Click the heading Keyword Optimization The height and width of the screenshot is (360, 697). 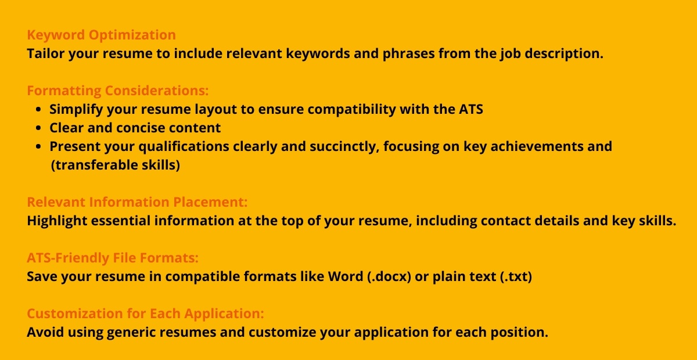(x=102, y=35)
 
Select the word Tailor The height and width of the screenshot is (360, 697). (x=46, y=53)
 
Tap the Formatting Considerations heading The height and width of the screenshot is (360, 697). (x=117, y=91)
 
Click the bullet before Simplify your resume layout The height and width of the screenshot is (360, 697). (x=38, y=110)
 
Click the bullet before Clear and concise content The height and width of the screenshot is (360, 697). (x=38, y=128)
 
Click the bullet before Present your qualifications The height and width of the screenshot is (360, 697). (x=38, y=146)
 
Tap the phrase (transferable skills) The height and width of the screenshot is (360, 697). (x=116, y=165)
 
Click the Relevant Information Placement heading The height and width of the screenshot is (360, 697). (x=137, y=202)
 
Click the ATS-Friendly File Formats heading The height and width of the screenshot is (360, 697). (x=113, y=258)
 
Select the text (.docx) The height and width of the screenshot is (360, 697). (x=389, y=276)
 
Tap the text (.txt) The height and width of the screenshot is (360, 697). (x=516, y=276)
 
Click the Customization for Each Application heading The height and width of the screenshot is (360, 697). (x=145, y=314)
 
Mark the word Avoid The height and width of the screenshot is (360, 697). (x=45, y=332)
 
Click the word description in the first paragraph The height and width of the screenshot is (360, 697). (x=564, y=53)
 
